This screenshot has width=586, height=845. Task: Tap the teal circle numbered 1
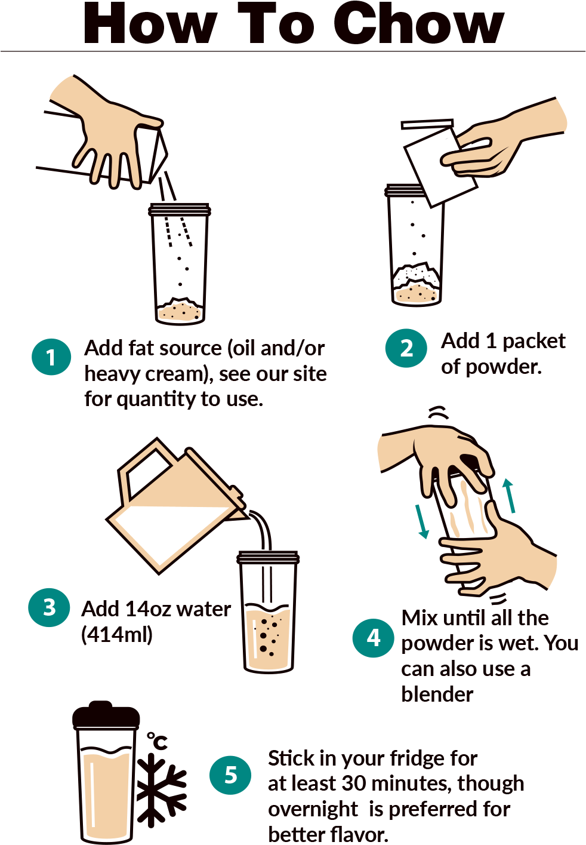pos(51,357)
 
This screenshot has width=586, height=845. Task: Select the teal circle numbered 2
pos(406,348)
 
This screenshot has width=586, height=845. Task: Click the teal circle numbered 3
pos(49,608)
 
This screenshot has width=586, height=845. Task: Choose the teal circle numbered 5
pos(230,775)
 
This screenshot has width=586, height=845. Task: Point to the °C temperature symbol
pos(157,740)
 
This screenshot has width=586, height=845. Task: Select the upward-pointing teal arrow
pos(509,496)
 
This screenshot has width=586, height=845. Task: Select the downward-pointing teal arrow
pos(422,522)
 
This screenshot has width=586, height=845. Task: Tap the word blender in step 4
pos(437,695)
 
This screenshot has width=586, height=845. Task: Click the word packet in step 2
pos(534,342)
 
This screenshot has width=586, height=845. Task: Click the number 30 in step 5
pos(353,783)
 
